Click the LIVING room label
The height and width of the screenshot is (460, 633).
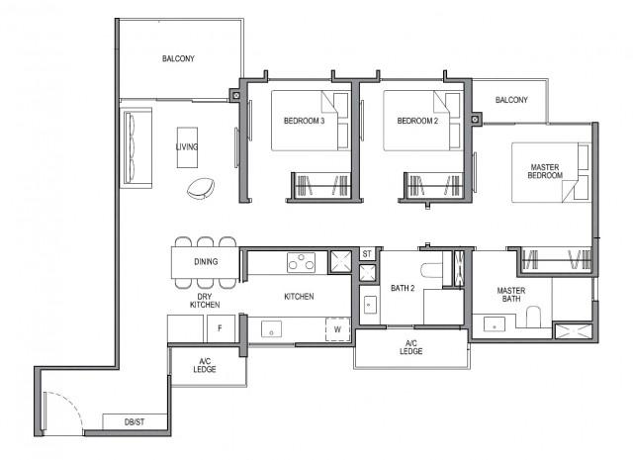[x=186, y=147]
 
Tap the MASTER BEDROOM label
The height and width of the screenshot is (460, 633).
[x=545, y=169]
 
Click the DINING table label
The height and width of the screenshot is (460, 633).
[x=205, y=262]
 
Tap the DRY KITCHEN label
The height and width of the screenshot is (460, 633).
[x=205, y=300]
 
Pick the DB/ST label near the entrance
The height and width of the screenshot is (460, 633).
[x=135, y=422]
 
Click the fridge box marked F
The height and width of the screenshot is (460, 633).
[x=218, y=326]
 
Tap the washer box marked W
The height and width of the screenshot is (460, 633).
[x=336, y=329]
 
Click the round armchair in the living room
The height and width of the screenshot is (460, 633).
[x=204, y=187]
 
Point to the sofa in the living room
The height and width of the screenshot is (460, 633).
[x=133, y=147]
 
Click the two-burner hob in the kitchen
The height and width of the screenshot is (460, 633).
[x=301, y=261]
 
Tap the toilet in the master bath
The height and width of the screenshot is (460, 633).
[x=533, y=317]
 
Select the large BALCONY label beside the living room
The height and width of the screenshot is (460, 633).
[x=178, y=59]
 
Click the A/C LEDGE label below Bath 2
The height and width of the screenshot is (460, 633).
[x=410, y=347]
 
